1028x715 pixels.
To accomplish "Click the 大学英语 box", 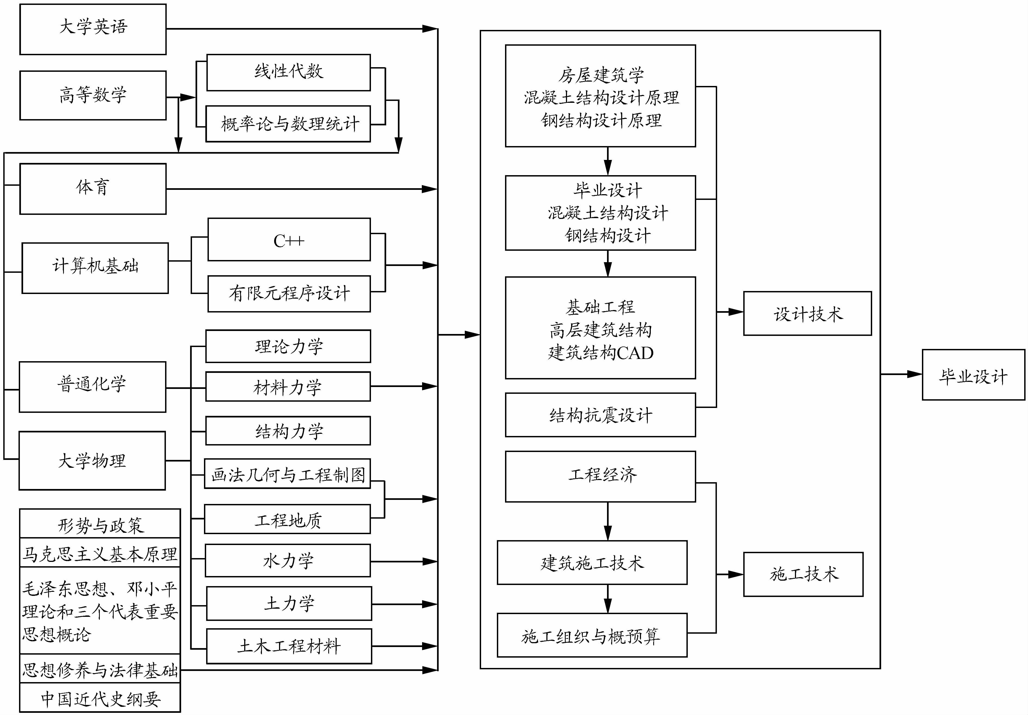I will coord(93,29).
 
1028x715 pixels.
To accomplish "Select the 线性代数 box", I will coord(288,72).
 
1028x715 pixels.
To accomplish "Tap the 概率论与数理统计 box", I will coord(288,123).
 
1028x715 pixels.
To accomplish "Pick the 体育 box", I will coord(93,188).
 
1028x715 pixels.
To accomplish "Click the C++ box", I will coord(289,240).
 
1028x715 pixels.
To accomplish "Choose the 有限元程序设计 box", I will coord(289,293).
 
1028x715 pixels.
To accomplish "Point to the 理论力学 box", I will coord(288,346).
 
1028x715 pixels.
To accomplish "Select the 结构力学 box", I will coord(288,431).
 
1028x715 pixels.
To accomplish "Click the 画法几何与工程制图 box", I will coord(287,474).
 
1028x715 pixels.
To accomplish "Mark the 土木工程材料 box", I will coord(289,646).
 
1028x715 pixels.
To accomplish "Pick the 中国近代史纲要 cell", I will coord(100,698).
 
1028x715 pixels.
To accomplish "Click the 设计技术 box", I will coord(807,313).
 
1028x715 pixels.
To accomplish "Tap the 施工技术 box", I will coord(803,574).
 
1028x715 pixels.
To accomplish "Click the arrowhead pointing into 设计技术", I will coord(736,312).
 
